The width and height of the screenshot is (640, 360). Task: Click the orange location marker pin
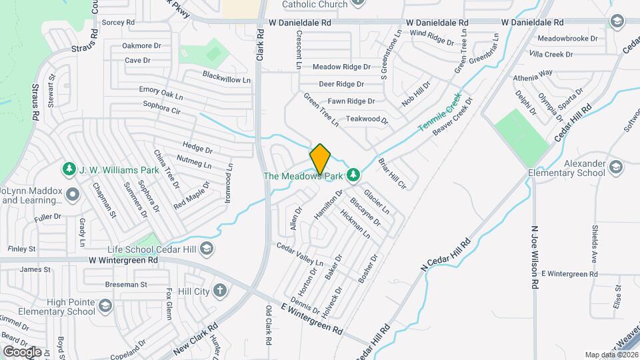pos(320,159)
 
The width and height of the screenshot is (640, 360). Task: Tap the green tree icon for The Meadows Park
pos(355,175)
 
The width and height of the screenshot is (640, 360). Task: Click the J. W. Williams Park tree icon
pos(68,169)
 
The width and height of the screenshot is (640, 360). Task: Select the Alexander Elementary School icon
pos(615,166)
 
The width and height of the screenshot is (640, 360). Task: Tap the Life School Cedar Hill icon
pos(207,249)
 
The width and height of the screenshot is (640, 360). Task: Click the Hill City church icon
pos(221,291)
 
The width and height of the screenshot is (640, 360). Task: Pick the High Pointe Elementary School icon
pos(105,306)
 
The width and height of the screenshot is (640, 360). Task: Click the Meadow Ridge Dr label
pos(341,67)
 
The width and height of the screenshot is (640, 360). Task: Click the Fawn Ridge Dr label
pos(347,101)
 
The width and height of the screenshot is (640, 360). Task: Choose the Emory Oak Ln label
pos(161,93)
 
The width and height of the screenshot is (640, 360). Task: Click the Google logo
pos(22,351)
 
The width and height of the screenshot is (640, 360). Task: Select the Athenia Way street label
pos(533,73)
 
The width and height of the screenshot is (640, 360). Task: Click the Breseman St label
pos(125,284)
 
